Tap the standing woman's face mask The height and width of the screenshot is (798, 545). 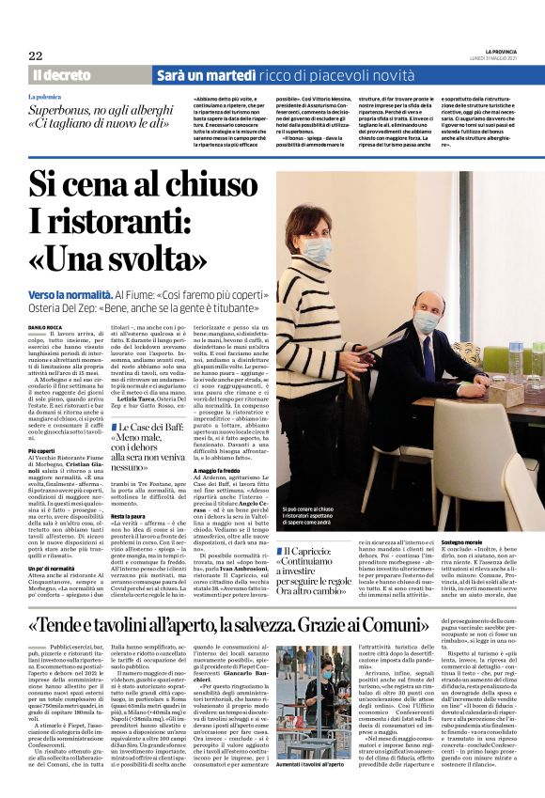click(x=316, y=250)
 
